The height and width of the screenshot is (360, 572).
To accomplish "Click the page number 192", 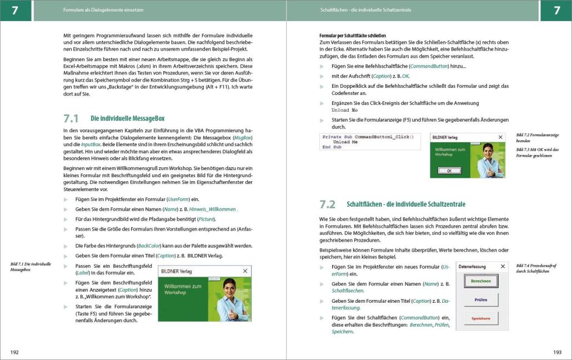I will (14, 352).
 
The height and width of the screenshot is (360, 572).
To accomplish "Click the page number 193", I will (557, 352).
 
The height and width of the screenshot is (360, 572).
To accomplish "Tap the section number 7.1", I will (71, 118).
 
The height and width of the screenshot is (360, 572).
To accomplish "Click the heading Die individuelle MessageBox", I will (127, 119).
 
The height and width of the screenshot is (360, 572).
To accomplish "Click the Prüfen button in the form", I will (481, 300).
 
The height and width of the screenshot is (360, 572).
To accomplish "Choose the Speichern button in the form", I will (481, 318).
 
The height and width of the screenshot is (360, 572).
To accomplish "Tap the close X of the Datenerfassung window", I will (503, 267).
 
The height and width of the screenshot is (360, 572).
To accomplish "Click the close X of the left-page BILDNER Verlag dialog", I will (245, 271).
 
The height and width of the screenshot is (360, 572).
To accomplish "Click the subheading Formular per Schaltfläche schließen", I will (353, 36).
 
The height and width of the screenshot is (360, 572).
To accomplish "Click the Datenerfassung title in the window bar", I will (472, 267).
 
